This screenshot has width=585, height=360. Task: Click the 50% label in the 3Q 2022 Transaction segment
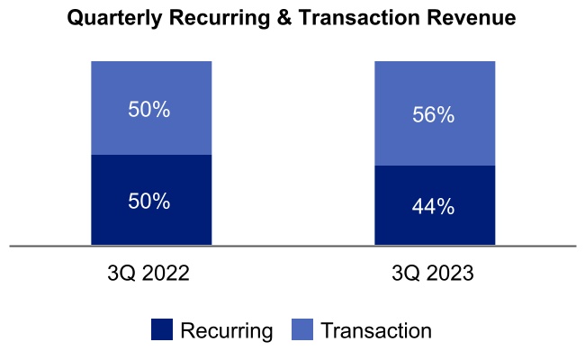(148, 111)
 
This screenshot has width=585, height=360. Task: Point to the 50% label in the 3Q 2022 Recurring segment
(148, 201)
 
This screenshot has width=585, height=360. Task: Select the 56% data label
(433, 116)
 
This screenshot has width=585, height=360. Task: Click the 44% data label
(433, 206)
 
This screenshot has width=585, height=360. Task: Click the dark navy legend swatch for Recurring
(162, 329)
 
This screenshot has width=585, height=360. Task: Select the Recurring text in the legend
(227, 330)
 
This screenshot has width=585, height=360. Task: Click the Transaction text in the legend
(376, 330)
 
